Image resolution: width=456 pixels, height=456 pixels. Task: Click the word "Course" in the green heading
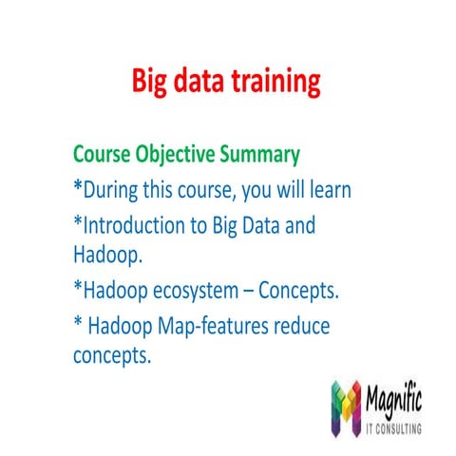(105, 154)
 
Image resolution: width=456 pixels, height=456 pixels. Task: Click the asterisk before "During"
(78, 188)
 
